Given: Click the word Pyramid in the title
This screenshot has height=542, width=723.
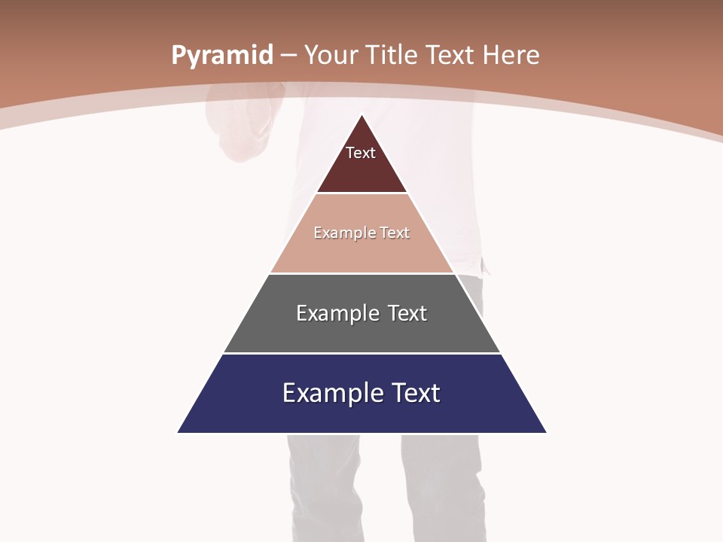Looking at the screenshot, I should point(222,56).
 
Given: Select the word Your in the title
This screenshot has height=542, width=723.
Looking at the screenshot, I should point(330,56).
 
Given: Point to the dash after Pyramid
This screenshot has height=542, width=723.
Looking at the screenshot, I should point(288,56).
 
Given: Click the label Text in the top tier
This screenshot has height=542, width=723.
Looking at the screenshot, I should point(361,153).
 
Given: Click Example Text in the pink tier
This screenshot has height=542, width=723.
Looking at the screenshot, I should point(361,233).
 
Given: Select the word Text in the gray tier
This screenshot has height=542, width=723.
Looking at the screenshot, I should point(407,313).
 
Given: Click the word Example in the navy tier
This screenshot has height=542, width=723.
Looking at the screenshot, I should point(329,393).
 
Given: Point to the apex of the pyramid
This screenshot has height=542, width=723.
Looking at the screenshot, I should point(362,115).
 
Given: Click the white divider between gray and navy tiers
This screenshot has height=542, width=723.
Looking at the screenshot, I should point(361,353).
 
